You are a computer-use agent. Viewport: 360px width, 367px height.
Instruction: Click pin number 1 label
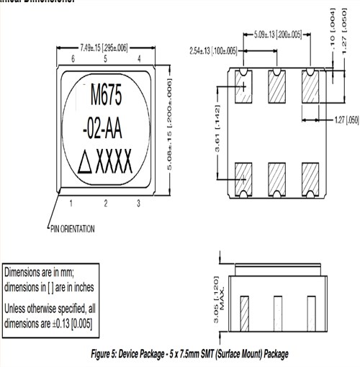[x=71, y=204]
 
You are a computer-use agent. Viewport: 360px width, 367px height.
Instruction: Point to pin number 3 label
[x=138, y=204]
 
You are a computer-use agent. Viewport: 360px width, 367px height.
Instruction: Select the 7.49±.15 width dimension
[x=105, y=47]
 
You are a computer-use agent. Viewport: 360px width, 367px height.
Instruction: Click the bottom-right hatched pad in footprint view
[x=310, y=176]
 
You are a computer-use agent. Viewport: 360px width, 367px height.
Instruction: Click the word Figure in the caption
[x=105, y=355]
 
